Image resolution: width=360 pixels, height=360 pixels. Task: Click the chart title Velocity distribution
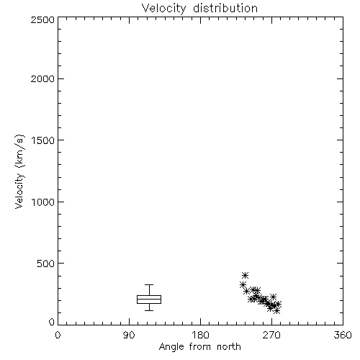199,9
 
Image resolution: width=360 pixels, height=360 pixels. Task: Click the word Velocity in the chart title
163,9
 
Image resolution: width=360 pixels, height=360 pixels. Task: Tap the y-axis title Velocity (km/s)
19,171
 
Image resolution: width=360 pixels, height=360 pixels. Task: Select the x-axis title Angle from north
199,347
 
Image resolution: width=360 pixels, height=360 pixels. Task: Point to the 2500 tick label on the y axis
42,19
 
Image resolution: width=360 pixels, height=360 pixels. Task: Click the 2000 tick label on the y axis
42,78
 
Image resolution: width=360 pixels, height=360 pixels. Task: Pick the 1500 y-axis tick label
43,140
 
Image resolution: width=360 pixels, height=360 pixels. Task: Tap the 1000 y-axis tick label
43,202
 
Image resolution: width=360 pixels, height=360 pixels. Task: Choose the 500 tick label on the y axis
46,264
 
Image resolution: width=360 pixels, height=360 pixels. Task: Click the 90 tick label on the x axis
129,335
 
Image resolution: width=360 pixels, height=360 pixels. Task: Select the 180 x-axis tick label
200,335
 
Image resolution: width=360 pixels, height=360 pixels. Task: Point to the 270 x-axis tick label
271,335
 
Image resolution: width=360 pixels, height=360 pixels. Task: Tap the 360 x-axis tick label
343,335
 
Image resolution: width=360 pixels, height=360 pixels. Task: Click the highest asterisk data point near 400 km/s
245,275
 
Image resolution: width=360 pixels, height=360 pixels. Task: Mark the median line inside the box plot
149,299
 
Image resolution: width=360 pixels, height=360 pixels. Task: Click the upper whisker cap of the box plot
149,285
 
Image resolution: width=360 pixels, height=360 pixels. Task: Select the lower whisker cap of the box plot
149,310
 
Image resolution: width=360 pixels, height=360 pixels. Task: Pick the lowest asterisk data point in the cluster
276,311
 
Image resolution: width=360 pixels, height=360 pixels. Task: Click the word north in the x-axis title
229,347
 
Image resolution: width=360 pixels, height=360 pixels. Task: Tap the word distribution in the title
225,9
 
